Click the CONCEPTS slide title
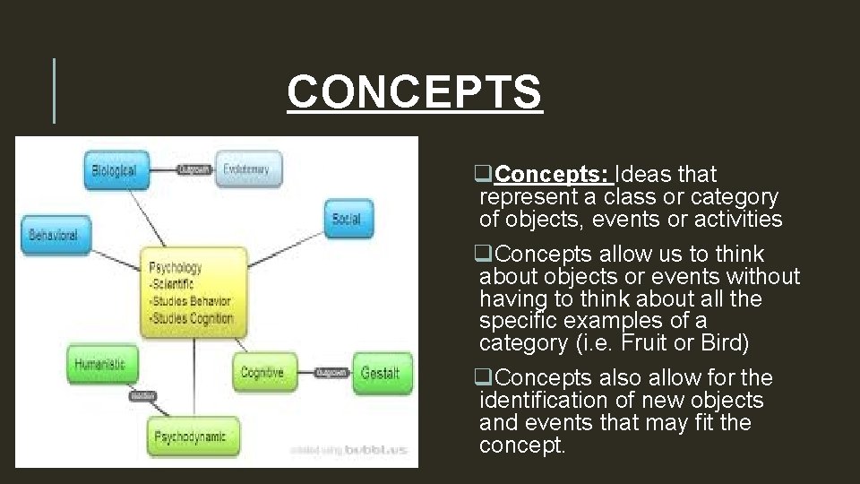[415, 92]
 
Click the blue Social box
[345, 218]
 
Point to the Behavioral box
[53, 235]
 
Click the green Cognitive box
[262, 372]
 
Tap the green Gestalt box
[380, 372]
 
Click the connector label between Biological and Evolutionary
[194, 169]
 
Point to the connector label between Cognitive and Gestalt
[331, 372]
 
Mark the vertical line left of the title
[55, 90]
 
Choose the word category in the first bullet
[734, 196]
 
